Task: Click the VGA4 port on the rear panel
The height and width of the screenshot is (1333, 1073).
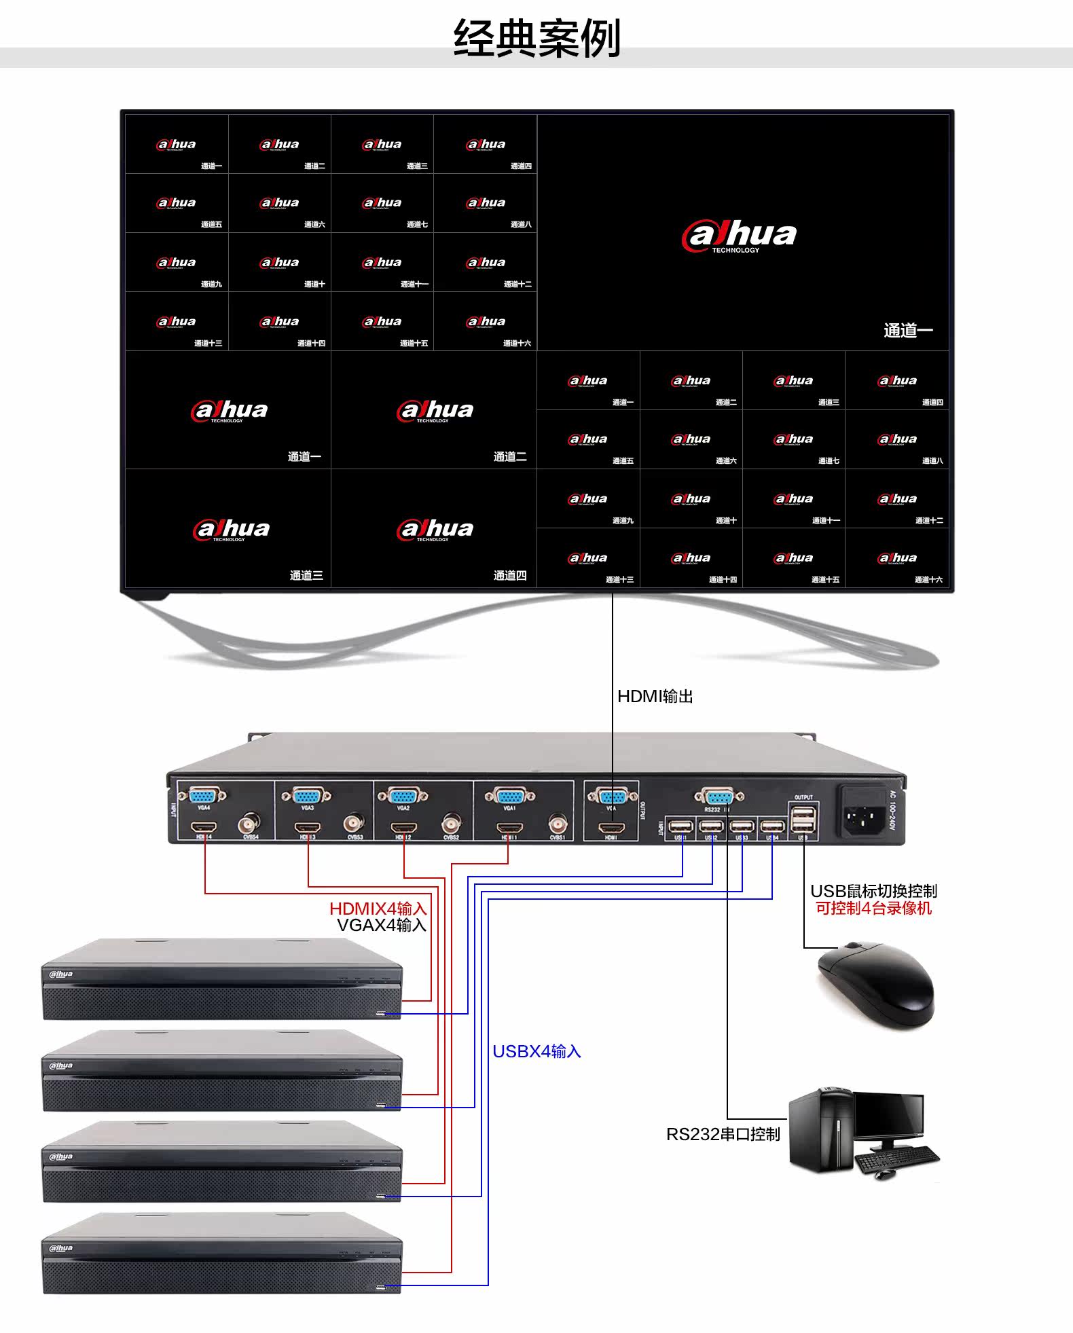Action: point(204,795)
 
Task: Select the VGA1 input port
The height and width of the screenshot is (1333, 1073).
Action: point(509,795)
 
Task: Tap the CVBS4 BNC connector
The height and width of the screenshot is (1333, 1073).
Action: point(249,825)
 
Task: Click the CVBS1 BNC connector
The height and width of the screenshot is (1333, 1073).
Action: point(558,825)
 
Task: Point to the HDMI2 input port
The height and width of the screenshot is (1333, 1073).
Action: point(404,828)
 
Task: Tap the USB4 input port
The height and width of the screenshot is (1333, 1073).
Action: point(772,826)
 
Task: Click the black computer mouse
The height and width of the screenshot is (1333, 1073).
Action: point(876,985)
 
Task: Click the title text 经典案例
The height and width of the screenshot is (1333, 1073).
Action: point(536,38)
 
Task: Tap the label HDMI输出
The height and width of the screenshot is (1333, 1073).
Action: point(655,697)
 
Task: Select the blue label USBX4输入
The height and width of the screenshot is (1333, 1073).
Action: point(536,1052)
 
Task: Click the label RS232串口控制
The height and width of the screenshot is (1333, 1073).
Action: point(723,1135)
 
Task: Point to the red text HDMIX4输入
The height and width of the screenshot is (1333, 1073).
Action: point(378,909)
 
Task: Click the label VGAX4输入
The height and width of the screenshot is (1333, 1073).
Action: point(381,925)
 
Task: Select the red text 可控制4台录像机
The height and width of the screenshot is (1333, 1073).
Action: point(873,909)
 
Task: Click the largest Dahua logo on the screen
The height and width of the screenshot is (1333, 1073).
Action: point(739,236)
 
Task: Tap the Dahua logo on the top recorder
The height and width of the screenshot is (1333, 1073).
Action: point(61,974)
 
